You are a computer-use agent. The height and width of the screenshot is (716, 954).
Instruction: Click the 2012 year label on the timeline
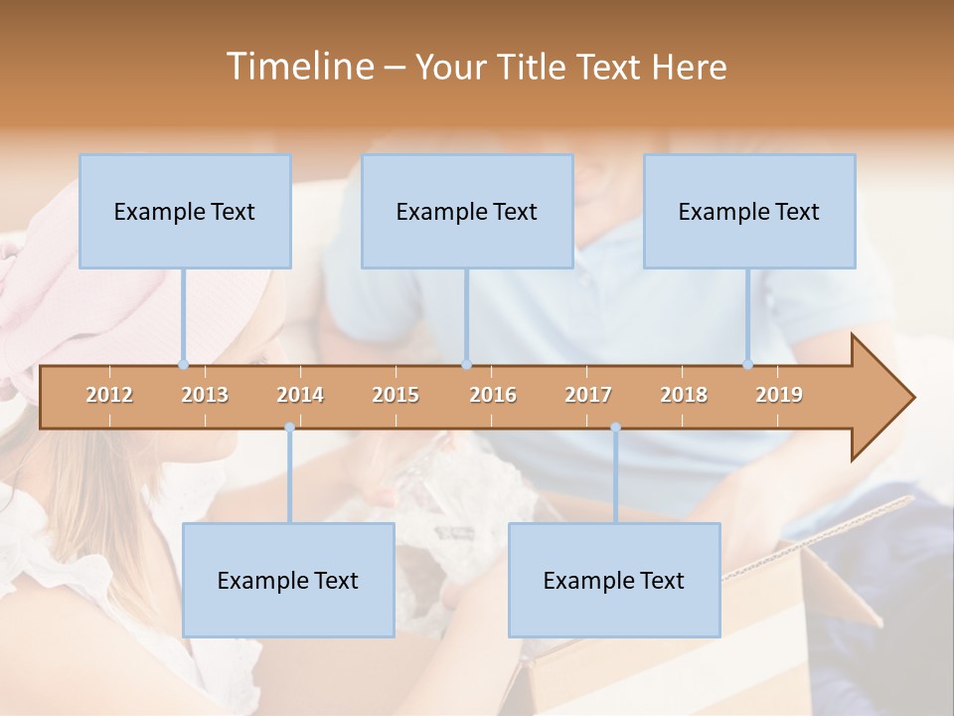coord(109,395)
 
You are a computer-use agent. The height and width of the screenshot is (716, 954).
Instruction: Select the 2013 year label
coord(205,395)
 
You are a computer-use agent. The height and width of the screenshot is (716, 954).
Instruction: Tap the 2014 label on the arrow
coord(300,395)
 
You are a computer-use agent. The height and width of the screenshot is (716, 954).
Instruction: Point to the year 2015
coord(396,395)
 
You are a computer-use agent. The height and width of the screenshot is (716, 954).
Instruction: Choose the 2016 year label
coord(493,395)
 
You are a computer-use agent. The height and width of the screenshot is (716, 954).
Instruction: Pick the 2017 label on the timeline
coord(588,395)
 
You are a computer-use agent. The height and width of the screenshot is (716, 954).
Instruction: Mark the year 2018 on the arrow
coord(684,395)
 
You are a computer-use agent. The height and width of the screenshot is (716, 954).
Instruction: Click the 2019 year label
coord(779,395)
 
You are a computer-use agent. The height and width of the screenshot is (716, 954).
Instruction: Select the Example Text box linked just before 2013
coord(185,211)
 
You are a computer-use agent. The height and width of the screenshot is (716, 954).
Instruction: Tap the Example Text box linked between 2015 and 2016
coord(467,211)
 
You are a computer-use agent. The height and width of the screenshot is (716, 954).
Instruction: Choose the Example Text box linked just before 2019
coord(749,211)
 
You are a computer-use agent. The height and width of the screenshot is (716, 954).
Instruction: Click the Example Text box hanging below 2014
coord(288,580)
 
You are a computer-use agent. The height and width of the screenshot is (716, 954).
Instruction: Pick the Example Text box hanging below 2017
coord(614,580)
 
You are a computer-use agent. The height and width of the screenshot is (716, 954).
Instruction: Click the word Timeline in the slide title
coord(298,67)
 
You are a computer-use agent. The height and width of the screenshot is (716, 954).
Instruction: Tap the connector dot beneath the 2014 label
coord(289,428)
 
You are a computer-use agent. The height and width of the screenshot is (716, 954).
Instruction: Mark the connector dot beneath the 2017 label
coord(615,428)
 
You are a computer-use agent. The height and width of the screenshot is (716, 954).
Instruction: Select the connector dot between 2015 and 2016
coord(466,365)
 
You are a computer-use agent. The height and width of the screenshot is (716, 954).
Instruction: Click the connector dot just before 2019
coord(747,365)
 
